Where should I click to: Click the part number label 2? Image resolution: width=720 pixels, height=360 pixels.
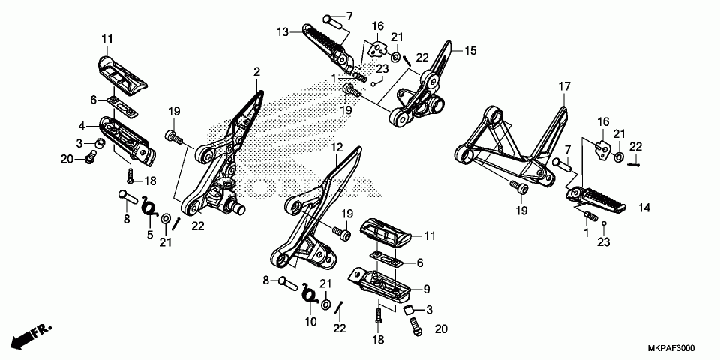tap(256, 72)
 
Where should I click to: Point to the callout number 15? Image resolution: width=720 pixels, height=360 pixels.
tap(471, 51)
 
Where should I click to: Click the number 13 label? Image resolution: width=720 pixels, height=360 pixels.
tap(282, 32)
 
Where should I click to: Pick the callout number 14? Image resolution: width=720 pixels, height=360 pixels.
tap(643, 210)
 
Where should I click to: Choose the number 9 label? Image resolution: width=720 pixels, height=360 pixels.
tap(426, 289)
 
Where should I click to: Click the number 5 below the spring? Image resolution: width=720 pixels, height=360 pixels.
tap(149, 235)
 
